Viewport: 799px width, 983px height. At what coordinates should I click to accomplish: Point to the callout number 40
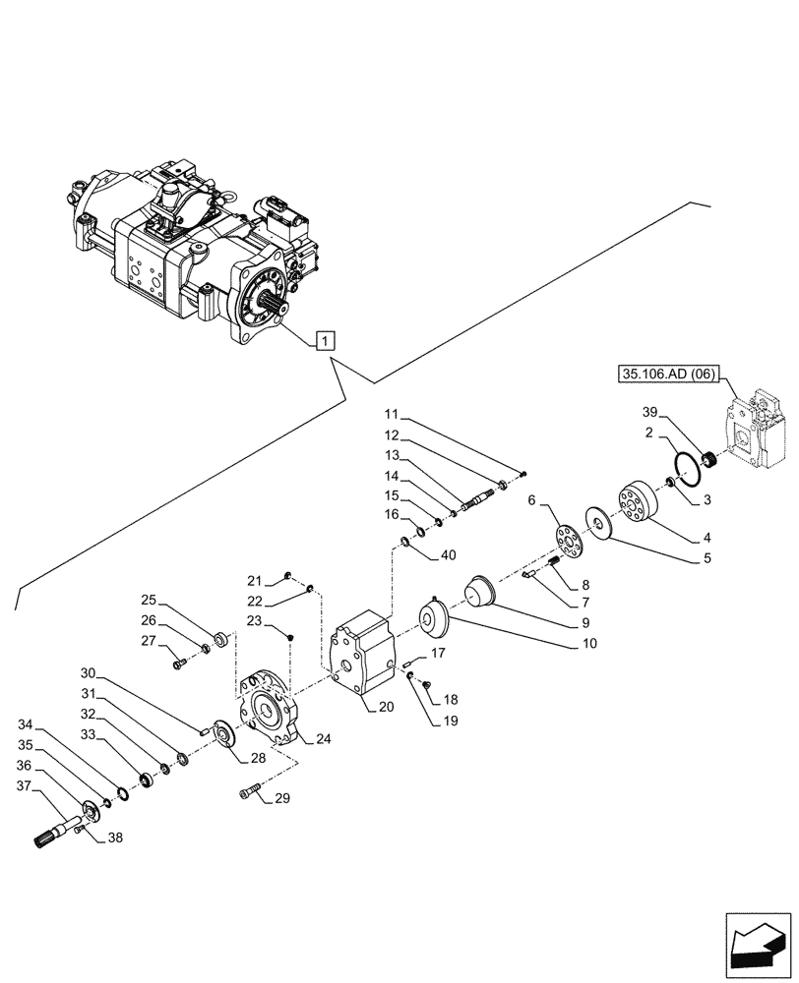[x=449, y=554]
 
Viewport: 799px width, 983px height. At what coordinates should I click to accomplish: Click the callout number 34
[x=26, y=725]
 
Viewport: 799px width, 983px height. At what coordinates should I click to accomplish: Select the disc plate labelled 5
[x=598, y=523]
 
